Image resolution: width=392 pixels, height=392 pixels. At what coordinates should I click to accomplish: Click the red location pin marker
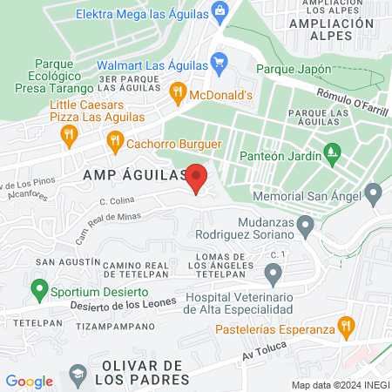(x=197, y=178)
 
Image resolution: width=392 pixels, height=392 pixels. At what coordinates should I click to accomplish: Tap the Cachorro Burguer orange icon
(x=114, y=139)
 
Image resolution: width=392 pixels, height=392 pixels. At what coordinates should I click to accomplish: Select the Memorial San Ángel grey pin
(x=375, y=193)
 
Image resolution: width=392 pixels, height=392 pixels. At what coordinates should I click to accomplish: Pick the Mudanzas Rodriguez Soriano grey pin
(x=305, y=226)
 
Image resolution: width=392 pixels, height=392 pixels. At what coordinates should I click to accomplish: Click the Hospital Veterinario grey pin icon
(x=273, y=276)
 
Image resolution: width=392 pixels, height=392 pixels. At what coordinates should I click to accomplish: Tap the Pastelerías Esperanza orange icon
(x=346, y=328)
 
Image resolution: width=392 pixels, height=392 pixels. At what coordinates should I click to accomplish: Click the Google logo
(x=30, y=381)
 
